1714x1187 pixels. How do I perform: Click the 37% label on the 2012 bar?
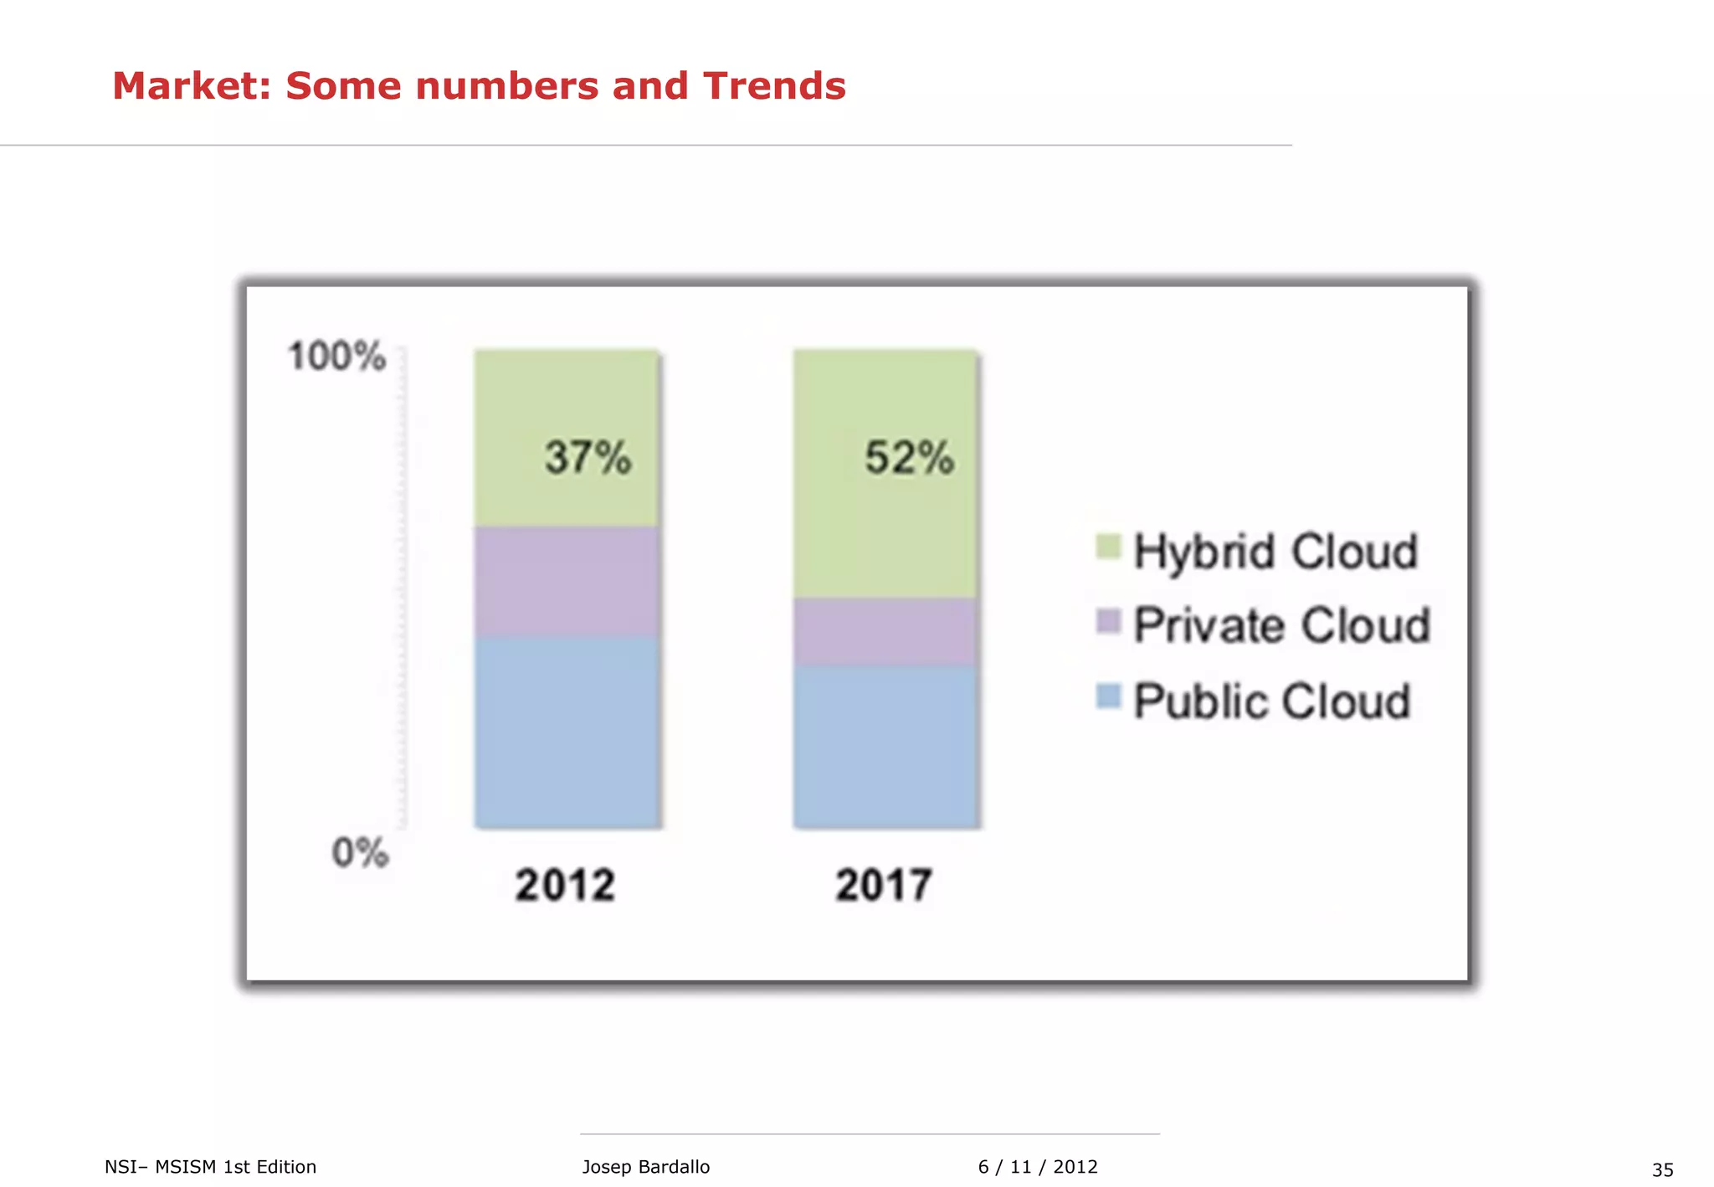pos(588,458)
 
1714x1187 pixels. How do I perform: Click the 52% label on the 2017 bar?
pos(909,458)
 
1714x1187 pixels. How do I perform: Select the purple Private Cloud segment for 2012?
pos(567,581)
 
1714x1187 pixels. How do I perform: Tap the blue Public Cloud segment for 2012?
pos(567,732)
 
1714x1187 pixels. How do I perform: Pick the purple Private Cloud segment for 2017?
pos(885,631)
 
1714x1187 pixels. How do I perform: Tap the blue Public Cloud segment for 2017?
pos(885,747)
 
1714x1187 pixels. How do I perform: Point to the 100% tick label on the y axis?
pos(336,357)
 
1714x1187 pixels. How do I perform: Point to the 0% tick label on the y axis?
pos(360,853)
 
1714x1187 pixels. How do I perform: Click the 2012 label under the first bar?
pos(565,885)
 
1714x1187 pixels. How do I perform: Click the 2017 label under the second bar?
pos(884,885)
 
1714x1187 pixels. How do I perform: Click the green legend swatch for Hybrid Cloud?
pos(1108,547)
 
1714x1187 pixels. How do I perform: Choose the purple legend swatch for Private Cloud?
pos(1108,621)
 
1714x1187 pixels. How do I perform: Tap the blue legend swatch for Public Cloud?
pos(1108,696)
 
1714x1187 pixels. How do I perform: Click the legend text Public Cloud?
pos(1272,701)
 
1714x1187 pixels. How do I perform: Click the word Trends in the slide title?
pos(774,86)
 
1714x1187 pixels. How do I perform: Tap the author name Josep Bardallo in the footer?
pos(645,1167)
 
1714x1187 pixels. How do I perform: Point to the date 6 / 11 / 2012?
pos(1038,1167)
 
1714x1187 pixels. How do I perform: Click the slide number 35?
pos(1662,1169)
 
